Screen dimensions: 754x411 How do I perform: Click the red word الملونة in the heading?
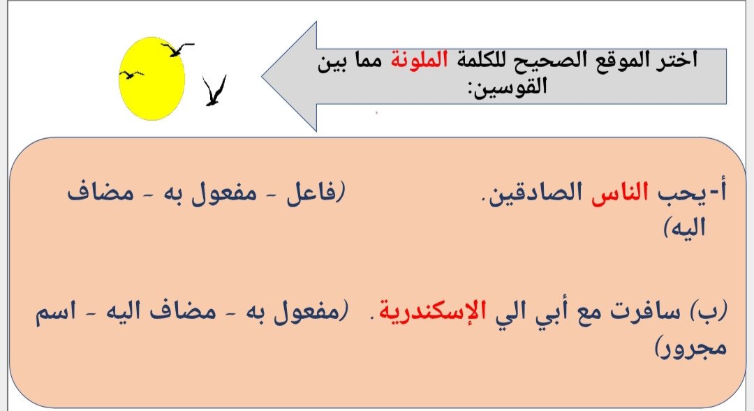pos(420,60)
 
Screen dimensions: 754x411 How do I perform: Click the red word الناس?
pos(620,193)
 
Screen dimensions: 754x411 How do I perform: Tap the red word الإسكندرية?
pos(433,311)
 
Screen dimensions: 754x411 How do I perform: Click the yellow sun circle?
pos(152,78)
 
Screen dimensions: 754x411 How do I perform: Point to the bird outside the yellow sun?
pos(214,91)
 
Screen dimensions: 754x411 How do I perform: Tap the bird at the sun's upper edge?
pos(177,49)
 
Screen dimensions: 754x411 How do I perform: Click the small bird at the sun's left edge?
pos(131,75)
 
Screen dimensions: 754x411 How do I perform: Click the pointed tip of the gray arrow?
pos(263,76)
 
